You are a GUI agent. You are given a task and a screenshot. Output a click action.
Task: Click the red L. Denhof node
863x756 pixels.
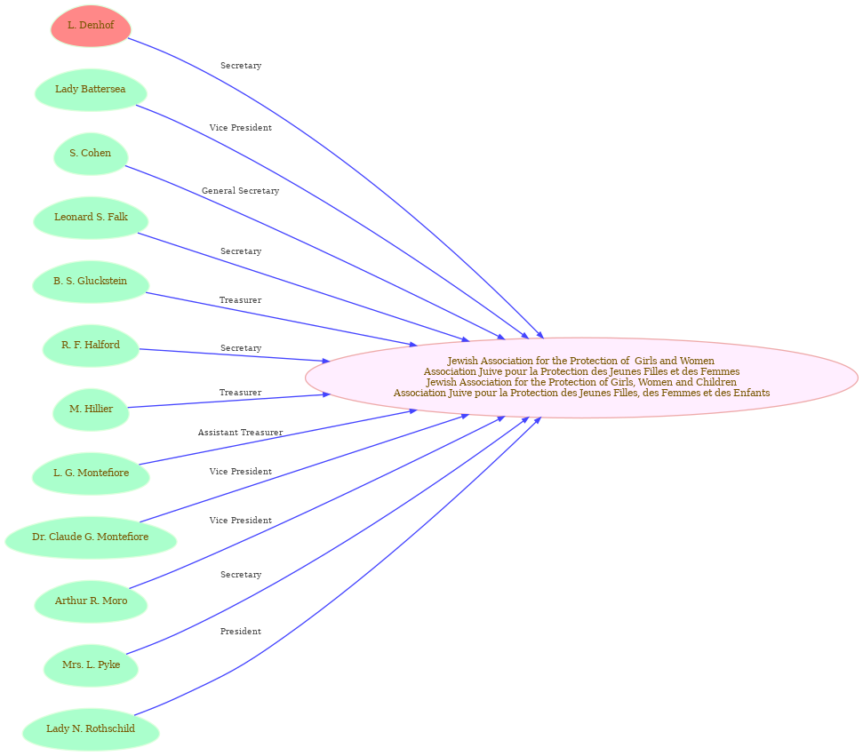point(91,26)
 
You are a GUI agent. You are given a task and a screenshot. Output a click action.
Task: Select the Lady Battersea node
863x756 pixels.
point(91,90)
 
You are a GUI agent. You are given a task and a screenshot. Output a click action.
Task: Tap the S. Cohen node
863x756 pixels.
point(91,154)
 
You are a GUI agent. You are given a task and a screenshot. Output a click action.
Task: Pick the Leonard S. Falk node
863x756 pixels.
point(91,218)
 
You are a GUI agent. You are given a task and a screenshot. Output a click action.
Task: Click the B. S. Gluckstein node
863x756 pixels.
point(91,282)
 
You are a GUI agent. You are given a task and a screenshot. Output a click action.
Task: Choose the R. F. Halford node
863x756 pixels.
point(91,346)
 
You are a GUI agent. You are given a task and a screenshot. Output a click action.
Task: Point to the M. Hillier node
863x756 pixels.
point(91,410)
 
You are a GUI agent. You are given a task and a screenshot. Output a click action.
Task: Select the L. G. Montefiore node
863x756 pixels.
point(91,473)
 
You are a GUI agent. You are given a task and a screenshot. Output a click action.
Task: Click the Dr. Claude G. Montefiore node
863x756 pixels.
point(91,537)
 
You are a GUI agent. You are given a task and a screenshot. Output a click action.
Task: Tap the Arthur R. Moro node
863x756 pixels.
point(91,601)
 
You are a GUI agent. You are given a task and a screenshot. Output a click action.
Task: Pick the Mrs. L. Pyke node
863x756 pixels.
point(91,665)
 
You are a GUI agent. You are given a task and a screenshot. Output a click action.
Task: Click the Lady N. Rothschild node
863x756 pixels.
point(91,729)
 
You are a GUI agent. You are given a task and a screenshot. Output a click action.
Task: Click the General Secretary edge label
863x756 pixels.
point(241,191)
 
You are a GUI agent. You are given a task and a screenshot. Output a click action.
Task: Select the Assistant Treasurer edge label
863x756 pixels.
point(241,433)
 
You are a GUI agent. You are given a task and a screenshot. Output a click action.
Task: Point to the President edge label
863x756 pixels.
point(241,631)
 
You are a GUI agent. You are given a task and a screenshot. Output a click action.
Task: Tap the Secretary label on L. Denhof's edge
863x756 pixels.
point(241,66)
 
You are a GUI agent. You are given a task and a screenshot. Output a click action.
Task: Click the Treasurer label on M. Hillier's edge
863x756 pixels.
point(241,393)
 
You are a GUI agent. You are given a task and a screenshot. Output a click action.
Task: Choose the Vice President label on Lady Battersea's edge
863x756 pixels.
point(241,128)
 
